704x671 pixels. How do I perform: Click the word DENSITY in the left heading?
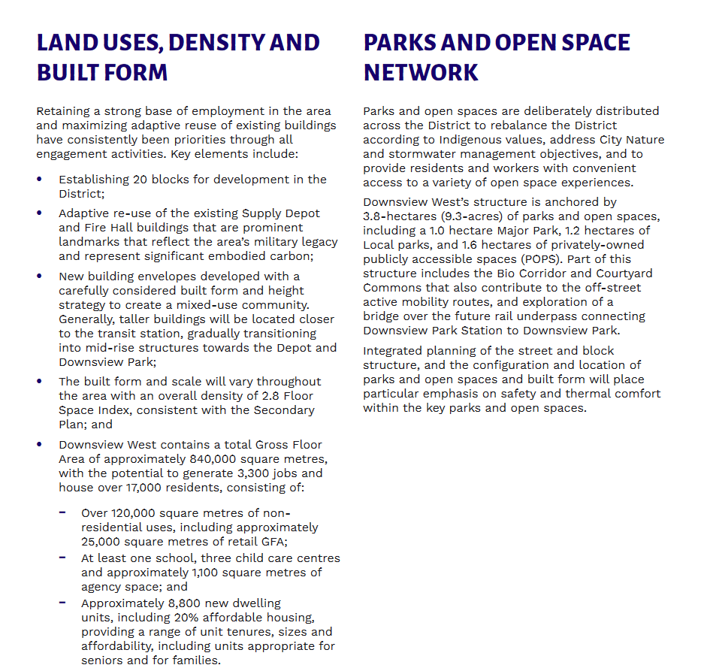pyautogui.click(x=222, y=43)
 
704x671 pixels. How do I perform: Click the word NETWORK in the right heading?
pyautogui.click(x=421, y=73)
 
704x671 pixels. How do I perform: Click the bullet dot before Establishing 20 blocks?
pyautogui.click(x=40, y=180)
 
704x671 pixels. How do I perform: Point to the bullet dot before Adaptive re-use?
pyautogui.click(x=40, y=213)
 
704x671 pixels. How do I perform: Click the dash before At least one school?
pyautogui.click(x=62, y=558)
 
